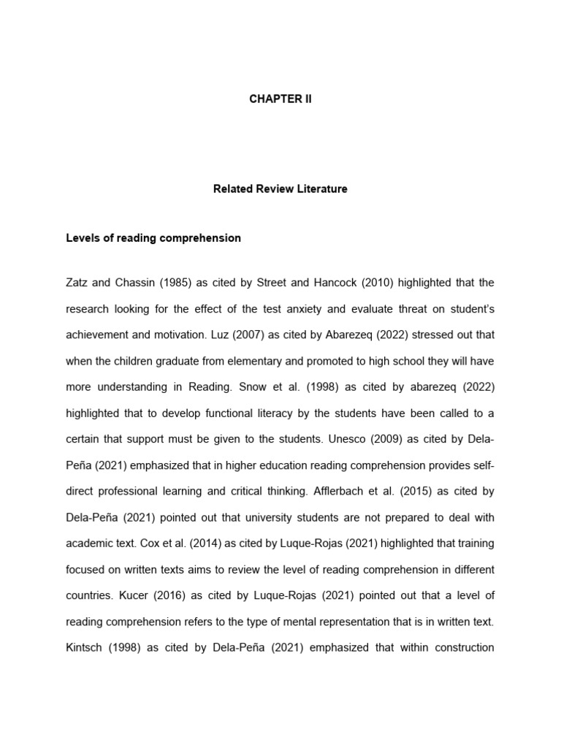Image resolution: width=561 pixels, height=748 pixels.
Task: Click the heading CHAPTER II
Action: coord(280,99)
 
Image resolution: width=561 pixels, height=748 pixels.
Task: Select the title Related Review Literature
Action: coord(280,189)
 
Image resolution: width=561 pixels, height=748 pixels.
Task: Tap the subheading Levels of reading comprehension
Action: coord(153,238)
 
